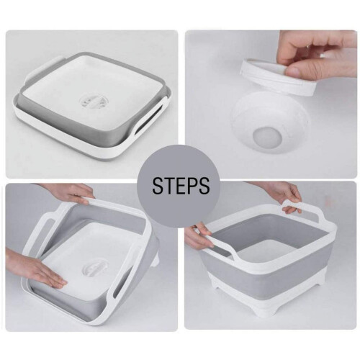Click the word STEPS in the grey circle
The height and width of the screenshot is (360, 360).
pos(181,186)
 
